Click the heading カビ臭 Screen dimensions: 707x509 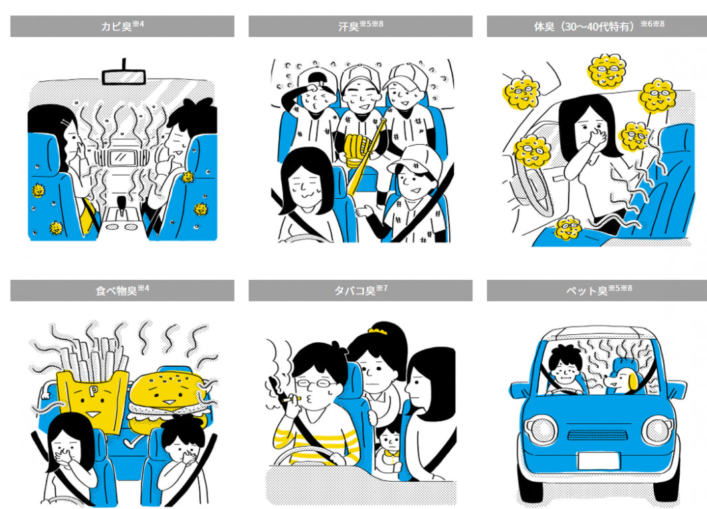pos(117,26)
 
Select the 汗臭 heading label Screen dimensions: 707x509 pos(349,27)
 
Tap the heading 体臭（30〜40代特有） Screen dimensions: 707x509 pos(587,27)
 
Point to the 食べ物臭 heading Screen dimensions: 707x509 pos(116,290)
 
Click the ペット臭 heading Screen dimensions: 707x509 pos(587,290)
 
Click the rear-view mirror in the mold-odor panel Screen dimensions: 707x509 pos(124,76)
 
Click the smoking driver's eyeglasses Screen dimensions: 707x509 pos(315,384)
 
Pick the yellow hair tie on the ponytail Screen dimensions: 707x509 pos(378,332)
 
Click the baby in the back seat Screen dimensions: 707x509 pos(389,451)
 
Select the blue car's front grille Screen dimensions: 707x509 pos(597,435)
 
